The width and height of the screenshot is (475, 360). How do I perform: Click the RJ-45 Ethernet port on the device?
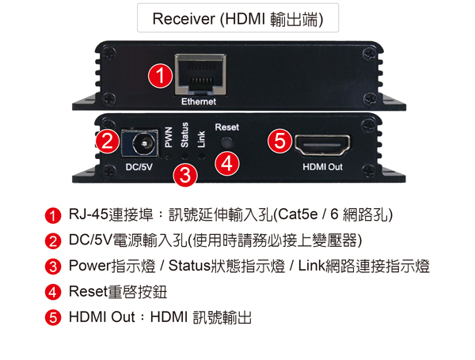click(x=200, y=74)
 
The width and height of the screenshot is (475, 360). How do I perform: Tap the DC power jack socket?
click(x=140, y=143)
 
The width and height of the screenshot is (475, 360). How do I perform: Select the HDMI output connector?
click(x=322, y=145)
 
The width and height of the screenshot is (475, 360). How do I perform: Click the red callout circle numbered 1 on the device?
click(x=160, y=75)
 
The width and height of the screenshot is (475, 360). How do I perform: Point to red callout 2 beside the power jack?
click(x=108, y=141)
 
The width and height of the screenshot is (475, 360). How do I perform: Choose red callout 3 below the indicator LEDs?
click(x=185, y=175)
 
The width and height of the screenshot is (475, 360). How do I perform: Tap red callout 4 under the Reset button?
click(x=227, y=163)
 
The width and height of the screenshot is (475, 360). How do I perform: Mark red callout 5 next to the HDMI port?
click(x=279, y=141)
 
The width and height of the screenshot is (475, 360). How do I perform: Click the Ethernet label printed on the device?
click(x=199, y=102)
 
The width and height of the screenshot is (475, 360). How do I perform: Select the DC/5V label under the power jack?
click(x=139, y=167)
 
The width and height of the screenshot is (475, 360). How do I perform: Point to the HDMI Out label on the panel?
click(x=323, y=167)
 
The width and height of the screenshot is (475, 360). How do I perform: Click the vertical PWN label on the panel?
click(x=169, y=137)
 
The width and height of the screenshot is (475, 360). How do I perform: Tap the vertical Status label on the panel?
click(x=184, y=135)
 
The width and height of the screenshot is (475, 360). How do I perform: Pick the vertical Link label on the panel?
click(x=201, y=139)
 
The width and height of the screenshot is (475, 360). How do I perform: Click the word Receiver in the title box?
click(x=184, y=19)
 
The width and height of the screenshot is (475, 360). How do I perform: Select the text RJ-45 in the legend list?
click(x=89, y=214)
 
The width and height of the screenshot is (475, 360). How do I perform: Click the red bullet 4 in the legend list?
click(x=53, y=292)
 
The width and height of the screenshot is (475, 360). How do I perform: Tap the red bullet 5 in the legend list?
click(x=53, y=317)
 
